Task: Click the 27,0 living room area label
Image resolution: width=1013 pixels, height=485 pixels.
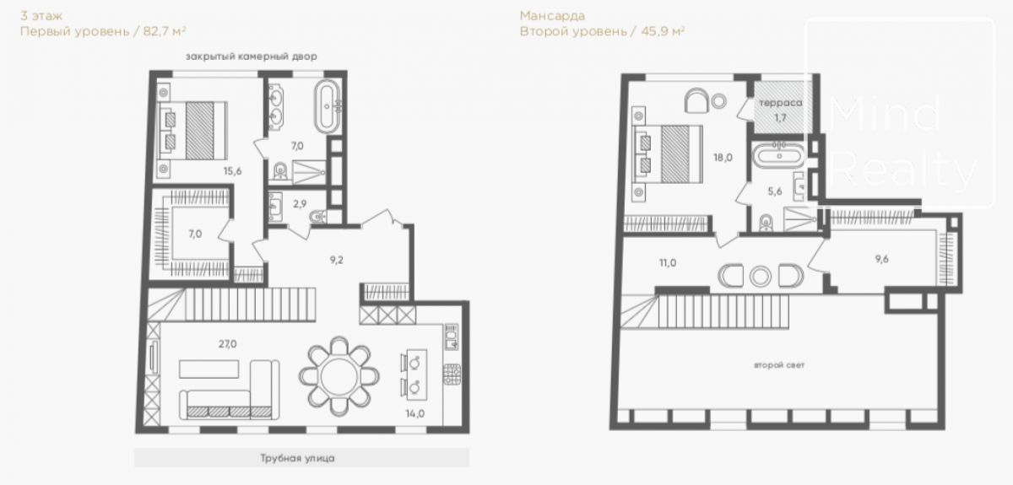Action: tap(227, 344)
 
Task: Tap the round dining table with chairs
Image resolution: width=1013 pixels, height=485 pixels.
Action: tap(339, 376)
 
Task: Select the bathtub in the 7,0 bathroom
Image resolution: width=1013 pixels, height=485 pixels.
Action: tap(327, 107)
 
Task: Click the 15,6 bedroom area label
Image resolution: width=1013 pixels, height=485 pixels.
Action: tap(232, 171)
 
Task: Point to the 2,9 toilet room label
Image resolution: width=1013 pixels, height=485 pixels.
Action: tap(300, 204)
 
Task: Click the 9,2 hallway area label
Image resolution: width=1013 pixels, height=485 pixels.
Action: tap(337, 260)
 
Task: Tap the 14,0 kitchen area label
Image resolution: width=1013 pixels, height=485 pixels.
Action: tap(414, 413)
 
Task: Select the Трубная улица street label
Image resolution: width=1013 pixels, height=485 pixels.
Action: tap(297, 458)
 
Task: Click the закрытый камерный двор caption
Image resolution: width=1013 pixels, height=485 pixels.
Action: tap(252, 57)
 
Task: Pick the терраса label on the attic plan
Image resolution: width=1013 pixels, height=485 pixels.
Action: tap(781, 103)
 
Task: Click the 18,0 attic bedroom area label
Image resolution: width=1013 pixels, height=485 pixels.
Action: tap(723, 158)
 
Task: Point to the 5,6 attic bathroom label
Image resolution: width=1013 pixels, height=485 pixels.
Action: tap(775, 191)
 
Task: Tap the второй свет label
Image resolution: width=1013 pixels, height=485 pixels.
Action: tap(779, 364)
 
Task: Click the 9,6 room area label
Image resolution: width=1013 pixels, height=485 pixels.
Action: tap(881, 259)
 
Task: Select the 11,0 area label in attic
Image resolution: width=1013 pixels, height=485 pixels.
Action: tap(668, 262)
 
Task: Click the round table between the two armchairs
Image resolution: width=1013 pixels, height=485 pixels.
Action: tap(761, 277)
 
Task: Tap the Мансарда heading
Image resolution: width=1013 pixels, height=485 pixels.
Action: tap(552, 16)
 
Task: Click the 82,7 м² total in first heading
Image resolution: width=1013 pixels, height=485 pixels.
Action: tap(165, 31)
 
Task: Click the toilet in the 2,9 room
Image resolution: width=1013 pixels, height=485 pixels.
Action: tap(318, 217)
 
